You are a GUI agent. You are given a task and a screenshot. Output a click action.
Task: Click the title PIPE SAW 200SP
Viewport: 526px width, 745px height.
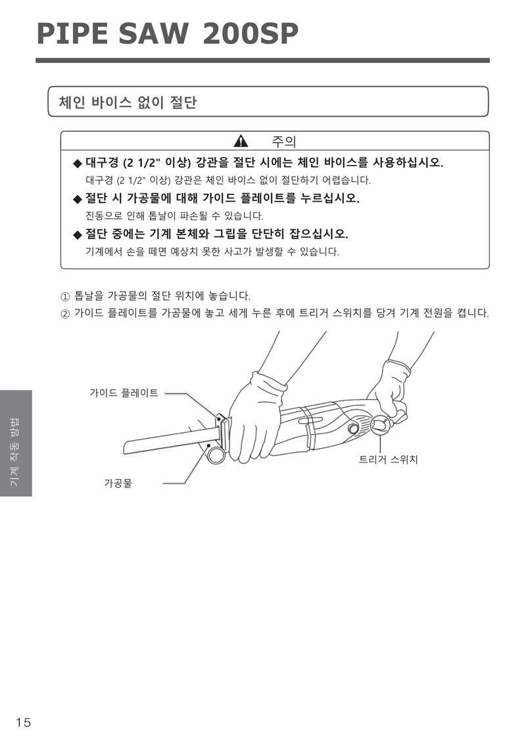[x=168, y=34]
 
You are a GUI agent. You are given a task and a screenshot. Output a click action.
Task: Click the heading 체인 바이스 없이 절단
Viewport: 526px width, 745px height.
[x=128, y=102]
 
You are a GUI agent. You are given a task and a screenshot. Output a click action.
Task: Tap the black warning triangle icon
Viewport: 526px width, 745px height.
[x=241, y=141]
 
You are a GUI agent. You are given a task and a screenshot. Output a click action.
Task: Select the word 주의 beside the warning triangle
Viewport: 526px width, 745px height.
[x=284, y=141]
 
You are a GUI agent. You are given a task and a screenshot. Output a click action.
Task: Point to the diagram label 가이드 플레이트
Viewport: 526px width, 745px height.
[x=124, y=393]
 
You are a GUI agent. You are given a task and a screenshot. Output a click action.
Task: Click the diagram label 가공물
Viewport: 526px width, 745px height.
[x=118, y=484]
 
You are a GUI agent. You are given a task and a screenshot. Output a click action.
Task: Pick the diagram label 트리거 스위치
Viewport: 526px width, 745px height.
[x=388, y=459]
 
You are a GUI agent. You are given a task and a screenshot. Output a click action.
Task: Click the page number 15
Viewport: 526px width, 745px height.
[x=23, y=723]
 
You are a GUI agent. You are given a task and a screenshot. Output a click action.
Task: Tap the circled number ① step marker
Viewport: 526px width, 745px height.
[x=65, y=297]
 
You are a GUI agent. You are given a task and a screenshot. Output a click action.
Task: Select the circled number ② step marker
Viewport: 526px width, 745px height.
[x=65, y=314]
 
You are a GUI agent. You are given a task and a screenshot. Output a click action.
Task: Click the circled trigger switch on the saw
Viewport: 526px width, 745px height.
[x=381, y=424]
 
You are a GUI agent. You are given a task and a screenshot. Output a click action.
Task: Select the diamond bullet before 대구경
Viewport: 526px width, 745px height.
[x=78, y=164]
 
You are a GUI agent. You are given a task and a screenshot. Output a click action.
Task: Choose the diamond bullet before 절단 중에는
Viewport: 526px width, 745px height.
[x=78, y=235]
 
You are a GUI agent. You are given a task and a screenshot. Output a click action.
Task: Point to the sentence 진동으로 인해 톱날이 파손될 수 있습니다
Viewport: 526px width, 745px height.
[x=174, y=215]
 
